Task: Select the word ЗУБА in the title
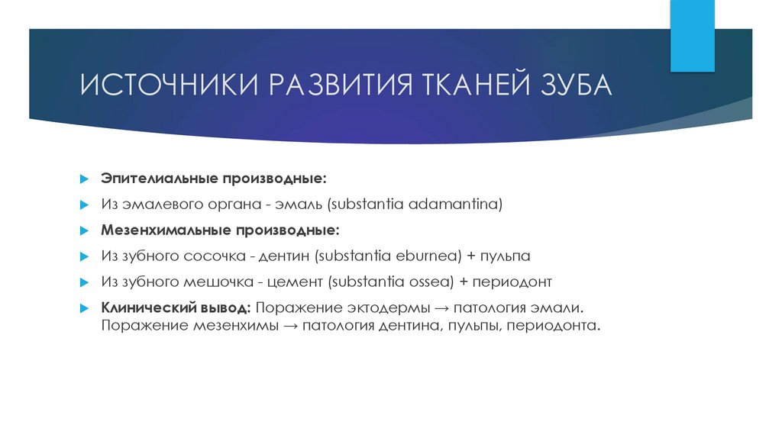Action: pyautogui.click(x=573, y=85)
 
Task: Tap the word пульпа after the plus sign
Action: pyautogui.click(x=501, y=256)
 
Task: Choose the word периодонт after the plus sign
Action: pyautogui.click(x=512, y=282)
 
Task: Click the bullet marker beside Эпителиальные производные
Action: pyautogui.click(x=85, y=178)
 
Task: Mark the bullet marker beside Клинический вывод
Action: pyautogui.click(x=85, y=308)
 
